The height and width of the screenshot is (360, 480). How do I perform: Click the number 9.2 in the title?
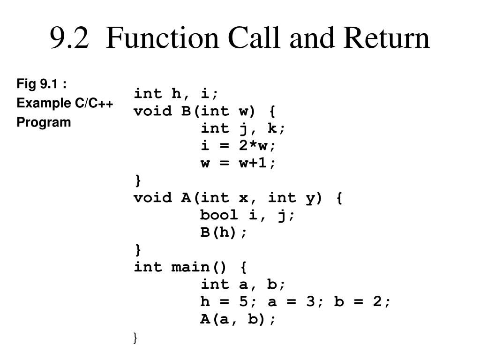click(69, 38)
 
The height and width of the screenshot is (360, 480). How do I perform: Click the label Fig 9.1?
click(41, 84)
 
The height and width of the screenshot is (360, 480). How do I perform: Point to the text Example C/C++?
click(65, 103)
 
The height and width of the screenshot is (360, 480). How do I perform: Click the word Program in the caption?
click(44, 122)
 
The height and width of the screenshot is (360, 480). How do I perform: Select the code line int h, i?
click(176, 94)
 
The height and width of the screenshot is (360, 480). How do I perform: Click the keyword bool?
click(219, 215)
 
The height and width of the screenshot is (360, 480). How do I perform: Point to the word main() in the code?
click(199, 267)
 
